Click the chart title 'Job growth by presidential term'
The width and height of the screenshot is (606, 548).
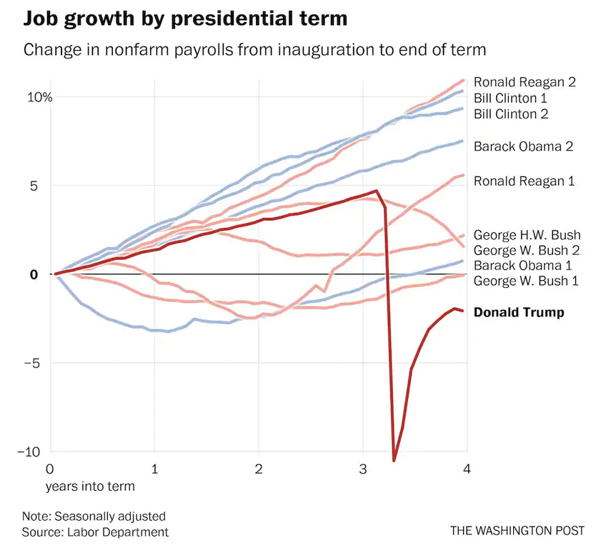186,19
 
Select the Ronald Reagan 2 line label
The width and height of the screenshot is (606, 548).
525,82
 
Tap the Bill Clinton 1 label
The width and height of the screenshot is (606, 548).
511,98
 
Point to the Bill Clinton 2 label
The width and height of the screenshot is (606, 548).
511,114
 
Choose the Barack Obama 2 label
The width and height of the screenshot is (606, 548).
524,146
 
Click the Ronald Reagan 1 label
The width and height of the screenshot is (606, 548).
525,181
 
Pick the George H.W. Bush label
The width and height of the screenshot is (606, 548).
527,235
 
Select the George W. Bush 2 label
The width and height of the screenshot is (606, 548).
527,250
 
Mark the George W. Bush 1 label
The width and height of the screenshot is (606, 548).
527,281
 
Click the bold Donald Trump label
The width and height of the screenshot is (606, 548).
519,312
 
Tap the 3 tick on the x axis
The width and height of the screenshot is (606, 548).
363,469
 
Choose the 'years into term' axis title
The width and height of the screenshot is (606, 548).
89,486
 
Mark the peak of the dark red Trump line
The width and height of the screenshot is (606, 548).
376,191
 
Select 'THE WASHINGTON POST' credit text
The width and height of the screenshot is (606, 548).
517,531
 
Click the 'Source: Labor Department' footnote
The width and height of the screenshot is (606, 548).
95,532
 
